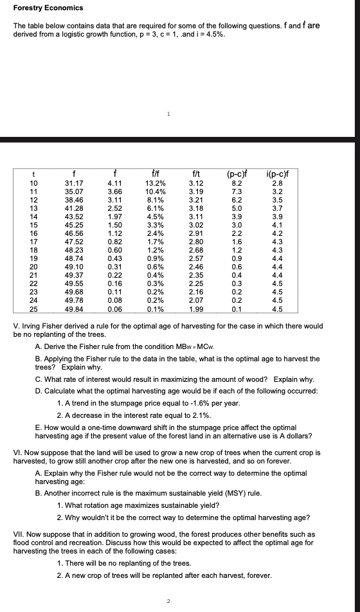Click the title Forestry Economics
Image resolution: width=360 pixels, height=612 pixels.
48,8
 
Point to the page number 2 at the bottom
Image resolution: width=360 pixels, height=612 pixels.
168,601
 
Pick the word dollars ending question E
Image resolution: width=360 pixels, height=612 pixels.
299,436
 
